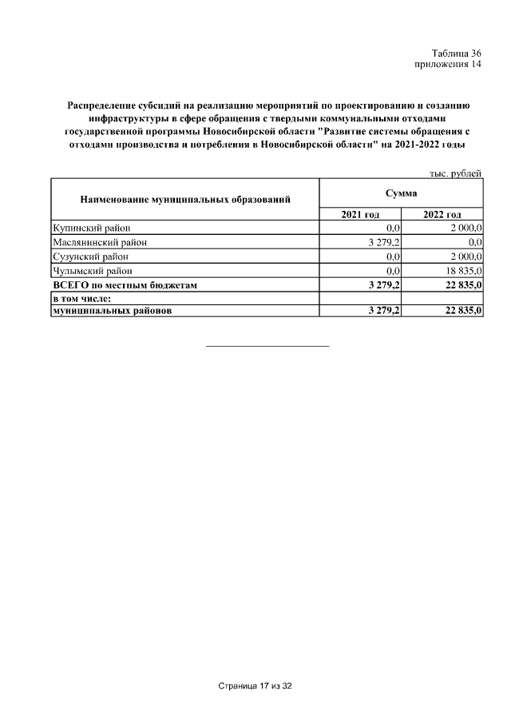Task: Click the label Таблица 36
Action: (457, 52)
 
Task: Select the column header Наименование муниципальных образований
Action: (184, 199)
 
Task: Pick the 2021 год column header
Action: (360, 214)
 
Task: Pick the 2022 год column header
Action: (442, 214)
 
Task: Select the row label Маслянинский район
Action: (99, 242)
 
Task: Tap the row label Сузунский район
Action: (89, 256)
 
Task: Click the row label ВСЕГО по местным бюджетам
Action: (124, 284)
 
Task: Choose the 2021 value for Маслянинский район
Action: (383, 242)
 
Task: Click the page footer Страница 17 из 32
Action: (255, 686)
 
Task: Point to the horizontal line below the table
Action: (267, 346)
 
